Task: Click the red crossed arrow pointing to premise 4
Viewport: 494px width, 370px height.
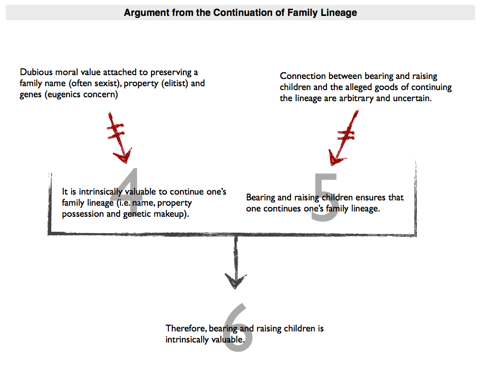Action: [x=119, y=137]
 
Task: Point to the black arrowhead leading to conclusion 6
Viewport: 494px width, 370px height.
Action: [x=235, y=280]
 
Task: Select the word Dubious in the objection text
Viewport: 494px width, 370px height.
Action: [x=36, y=72]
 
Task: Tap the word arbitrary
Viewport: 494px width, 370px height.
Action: [x=357, y=98]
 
